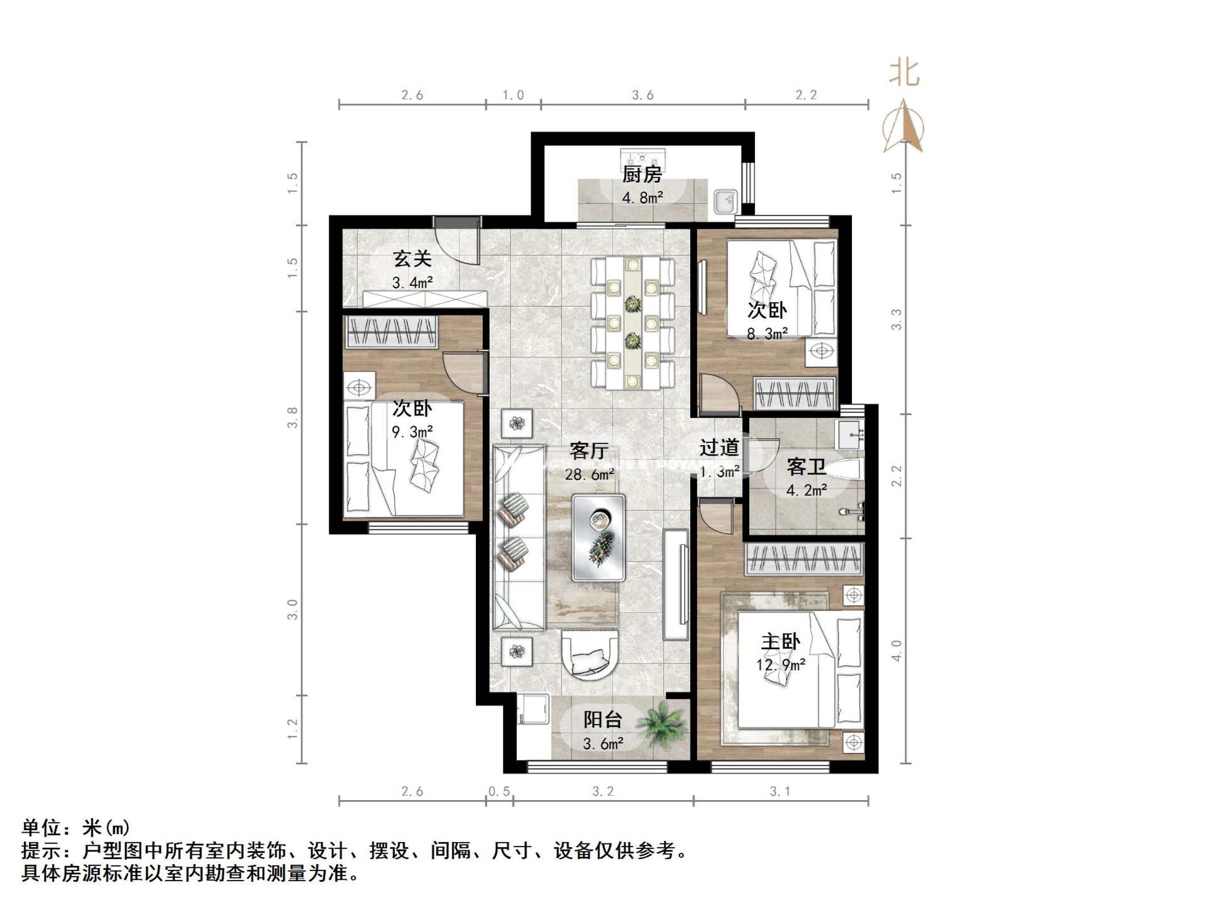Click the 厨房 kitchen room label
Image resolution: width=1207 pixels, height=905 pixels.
(642, 174)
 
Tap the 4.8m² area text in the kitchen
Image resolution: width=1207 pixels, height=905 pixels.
(642, 197)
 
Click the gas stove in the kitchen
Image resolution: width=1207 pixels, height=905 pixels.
(642, 156)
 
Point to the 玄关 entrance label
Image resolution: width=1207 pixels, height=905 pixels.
(412, 258)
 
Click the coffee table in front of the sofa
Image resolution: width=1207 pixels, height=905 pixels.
(598, 537)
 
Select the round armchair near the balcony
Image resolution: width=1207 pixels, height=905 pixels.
(590, 654)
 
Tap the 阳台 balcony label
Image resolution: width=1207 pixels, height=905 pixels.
(602, 719)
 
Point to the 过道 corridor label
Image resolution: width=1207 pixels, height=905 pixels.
(719, 447)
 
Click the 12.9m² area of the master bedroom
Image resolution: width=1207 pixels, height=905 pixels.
(781, 664)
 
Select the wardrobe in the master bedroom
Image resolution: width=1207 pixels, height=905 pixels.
(803, 559)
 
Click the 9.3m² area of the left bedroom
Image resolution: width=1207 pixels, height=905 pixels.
(412, 432)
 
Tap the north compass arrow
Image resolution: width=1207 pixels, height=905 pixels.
(903, 126)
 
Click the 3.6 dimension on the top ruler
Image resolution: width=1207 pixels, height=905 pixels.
(642, 95)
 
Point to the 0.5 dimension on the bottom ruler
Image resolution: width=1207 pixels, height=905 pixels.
(499, 791)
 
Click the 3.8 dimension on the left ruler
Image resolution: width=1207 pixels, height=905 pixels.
(292, 417)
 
